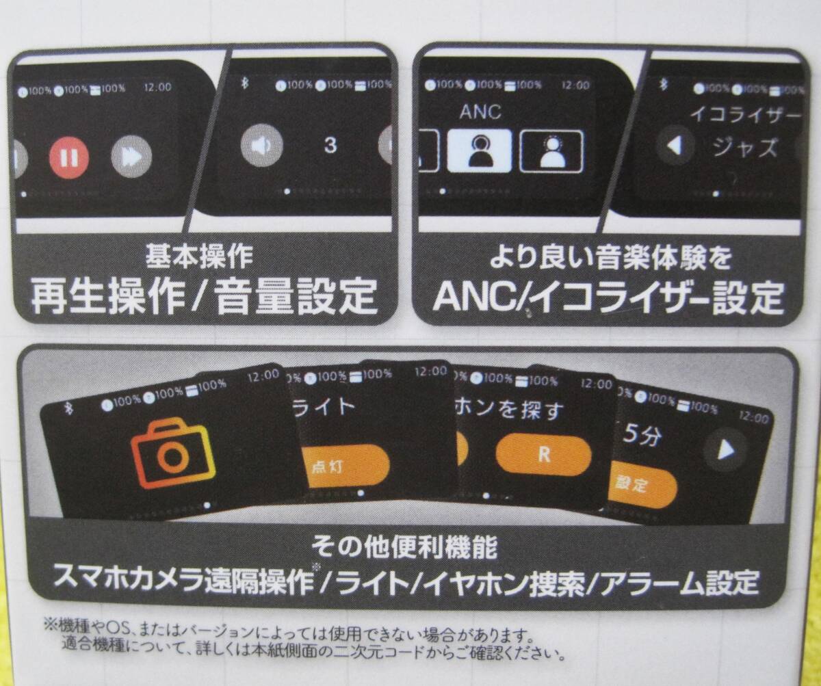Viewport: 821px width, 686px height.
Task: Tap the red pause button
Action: (x=68, y=157)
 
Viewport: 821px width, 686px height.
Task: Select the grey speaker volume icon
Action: (x=262, y=144)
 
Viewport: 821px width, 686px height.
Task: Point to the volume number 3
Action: (x=330, y=145)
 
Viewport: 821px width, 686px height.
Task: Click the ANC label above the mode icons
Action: (x=480, y=111)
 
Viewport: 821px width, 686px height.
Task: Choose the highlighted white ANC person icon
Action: (x=479, y=151)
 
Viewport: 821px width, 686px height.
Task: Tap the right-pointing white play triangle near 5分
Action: (x=726, y=449)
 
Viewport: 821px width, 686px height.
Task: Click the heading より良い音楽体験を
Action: (x=610, y=259)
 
